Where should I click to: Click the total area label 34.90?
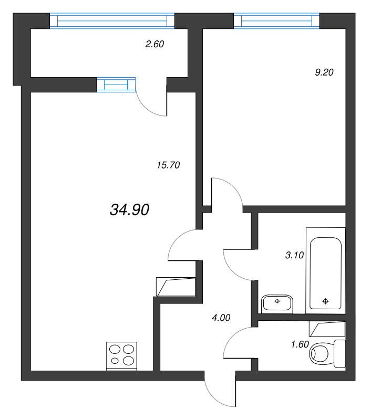[130, 210]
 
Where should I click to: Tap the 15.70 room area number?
[168, 165]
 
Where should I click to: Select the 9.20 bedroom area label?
[324, 73]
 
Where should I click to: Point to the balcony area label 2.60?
[155, 45]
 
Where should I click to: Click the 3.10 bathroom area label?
[294, 256]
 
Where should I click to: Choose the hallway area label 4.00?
[220, 318]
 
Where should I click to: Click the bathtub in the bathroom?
[325, 273]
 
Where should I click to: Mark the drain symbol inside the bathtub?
[325, 301]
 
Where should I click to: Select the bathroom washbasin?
[276, 303]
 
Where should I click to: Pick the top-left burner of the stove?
[115, 348]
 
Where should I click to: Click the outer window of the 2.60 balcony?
[111, 20]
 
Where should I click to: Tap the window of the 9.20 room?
[276, 20]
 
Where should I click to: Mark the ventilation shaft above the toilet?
[327, 329]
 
